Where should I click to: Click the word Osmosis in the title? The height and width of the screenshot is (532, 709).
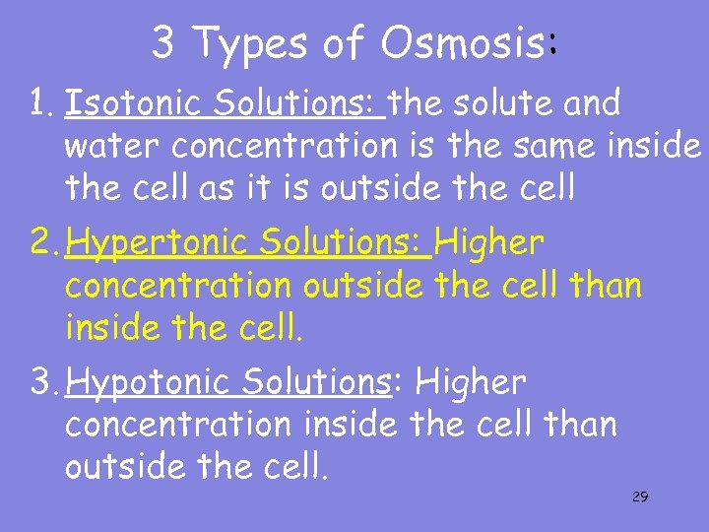pos(463,42)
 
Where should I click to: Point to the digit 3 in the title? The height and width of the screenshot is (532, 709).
pos(165,42)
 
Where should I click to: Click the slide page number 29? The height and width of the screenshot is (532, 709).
pos(639,497)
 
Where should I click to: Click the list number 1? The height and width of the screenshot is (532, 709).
pos(39,102)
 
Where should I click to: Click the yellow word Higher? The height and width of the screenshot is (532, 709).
pos(489,242)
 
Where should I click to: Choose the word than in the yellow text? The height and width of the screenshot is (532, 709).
pos(605,286)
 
